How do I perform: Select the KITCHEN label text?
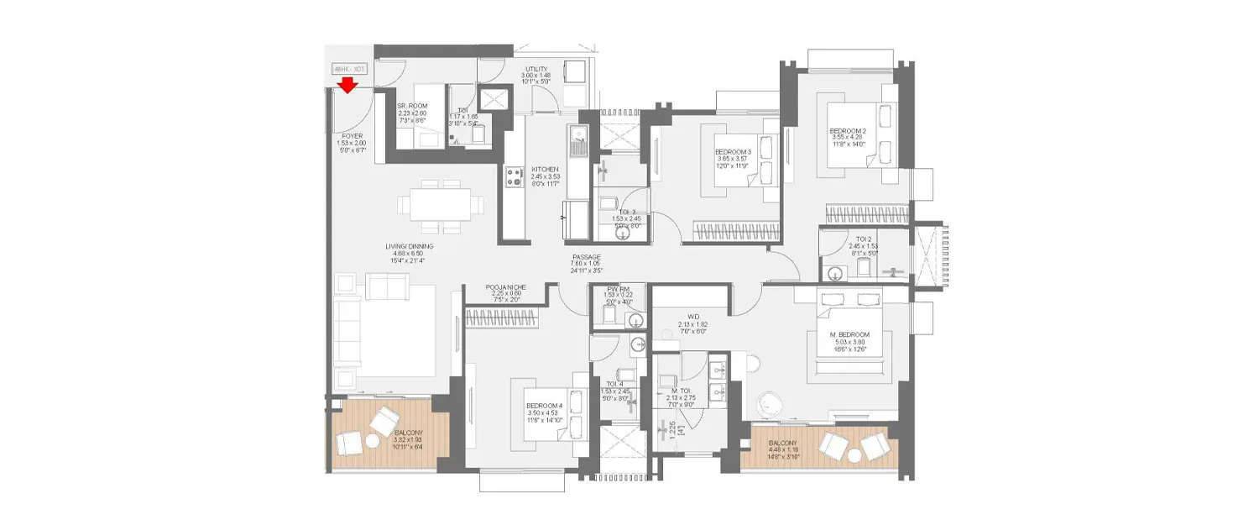point(545,170)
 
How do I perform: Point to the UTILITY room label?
point(537,69)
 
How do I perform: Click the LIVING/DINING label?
point(409,246)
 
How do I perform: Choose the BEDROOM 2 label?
point(849,131)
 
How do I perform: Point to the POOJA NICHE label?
point(505,287)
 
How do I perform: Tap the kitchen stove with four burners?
point(514,176)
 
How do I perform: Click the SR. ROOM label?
point(412,106)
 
